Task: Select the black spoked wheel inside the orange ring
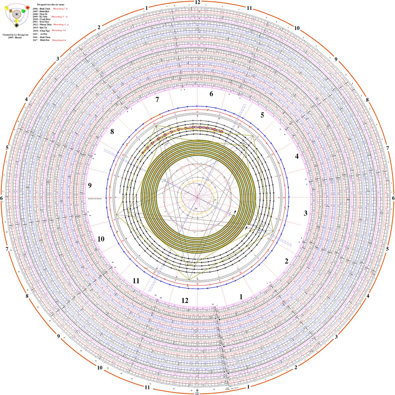tap(17, 14)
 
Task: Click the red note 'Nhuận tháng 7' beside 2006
tap(60, 9)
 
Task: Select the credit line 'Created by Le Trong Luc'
tap(16, 34)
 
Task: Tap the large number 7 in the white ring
tap(157, 100)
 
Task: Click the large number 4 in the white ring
tap(297, 156)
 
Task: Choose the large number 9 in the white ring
tap(90, 185)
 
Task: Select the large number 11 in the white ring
tap(136, 281)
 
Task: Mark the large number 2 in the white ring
tap(286, 261)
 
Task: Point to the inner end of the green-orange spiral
tap(233, 216)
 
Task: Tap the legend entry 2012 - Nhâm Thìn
tap(42, 25)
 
